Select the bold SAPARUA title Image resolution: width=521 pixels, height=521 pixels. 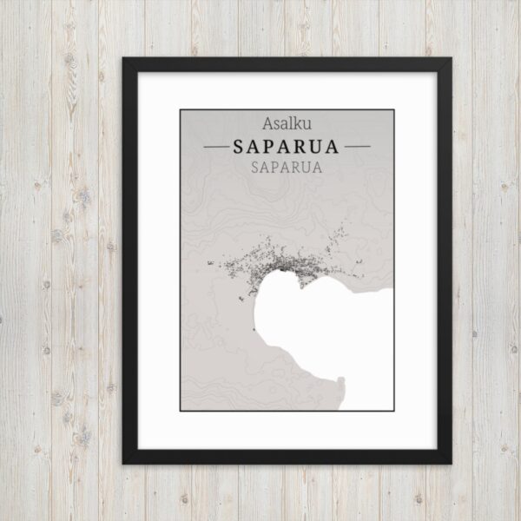pos(286,148)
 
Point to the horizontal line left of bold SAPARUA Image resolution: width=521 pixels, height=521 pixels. pos(215,148)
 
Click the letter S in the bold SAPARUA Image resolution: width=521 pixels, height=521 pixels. pos(239,148)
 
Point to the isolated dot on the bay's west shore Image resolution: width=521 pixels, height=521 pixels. pos(253,329)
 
